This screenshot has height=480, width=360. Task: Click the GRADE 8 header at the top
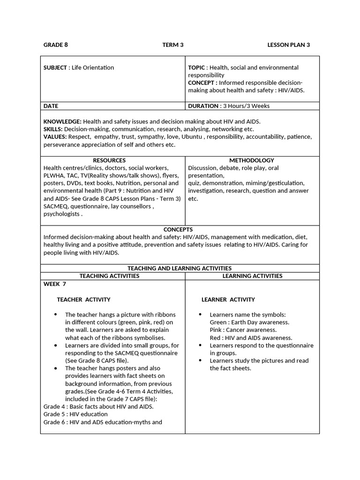(x=56, y=45)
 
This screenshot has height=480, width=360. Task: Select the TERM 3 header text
(x=173, y=45)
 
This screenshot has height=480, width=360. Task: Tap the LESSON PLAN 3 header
(x=289, y=45)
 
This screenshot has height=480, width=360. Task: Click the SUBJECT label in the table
(x=55, y=67)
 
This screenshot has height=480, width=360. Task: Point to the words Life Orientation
(x=93, y=67)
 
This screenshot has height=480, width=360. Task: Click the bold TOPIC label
(x=196, y=67)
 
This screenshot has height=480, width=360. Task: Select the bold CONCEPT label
(x=202, y=82)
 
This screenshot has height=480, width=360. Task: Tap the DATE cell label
(x=51, y=106)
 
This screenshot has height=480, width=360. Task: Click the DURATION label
(x=203, y=106)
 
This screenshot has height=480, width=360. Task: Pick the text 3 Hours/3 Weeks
(x=246, y=106)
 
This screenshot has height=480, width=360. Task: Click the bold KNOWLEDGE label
(x=62, y=121)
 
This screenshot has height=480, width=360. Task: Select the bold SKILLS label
(x=52, y=129)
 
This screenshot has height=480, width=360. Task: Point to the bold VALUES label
(x=54, y=137)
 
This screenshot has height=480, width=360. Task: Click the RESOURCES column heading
(x=109, y=160)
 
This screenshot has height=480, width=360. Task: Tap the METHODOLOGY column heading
(x=252, y=160)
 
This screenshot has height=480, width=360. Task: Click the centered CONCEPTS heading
(x=178, y=229)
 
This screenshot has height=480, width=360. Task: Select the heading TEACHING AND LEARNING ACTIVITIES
(x=180, y=268)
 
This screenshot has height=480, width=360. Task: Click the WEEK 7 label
(x=55, y=284)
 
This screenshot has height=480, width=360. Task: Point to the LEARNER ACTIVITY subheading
(x=228, y=300)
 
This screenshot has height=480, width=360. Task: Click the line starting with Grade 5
(x=75, y=414)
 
